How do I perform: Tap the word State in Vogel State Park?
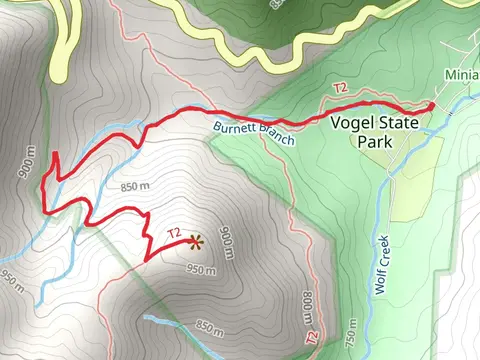[x=396, y=124]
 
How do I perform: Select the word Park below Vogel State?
[x=374, y=141]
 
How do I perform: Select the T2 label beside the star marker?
[x=174, y=233]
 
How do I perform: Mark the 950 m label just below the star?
[x=201, y=270]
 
